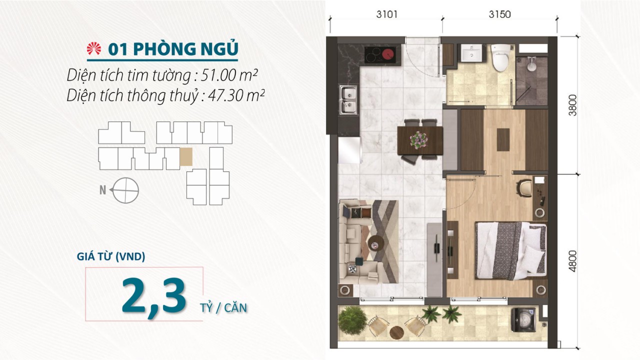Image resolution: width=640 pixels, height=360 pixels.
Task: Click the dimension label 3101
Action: click(386, 14)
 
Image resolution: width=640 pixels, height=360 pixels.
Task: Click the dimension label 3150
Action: click(499, 14)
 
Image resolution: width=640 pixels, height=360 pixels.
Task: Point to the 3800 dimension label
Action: click(573, 105)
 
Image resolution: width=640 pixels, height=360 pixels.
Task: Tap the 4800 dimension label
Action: click(573, 261)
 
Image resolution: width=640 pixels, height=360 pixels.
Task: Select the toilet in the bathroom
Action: click(500, 57)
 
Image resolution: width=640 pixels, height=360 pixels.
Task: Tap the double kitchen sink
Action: click(348, 99)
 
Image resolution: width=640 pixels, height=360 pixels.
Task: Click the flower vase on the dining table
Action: click(419, 140)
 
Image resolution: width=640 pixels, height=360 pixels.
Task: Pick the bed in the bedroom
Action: click(511, 250)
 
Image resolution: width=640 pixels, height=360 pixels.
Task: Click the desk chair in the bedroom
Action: click(524, 188)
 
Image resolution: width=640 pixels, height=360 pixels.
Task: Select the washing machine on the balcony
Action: click(523, 319)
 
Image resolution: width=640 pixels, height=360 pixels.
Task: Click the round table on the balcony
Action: click(396, 332)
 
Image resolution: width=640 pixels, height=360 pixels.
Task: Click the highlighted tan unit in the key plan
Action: click(186, 157)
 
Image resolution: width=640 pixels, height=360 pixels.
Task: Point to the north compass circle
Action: click(125, 190)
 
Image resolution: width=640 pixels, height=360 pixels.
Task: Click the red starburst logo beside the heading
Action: click(94, 48)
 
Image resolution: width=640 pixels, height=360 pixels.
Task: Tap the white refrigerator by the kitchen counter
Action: click(350, 149)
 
